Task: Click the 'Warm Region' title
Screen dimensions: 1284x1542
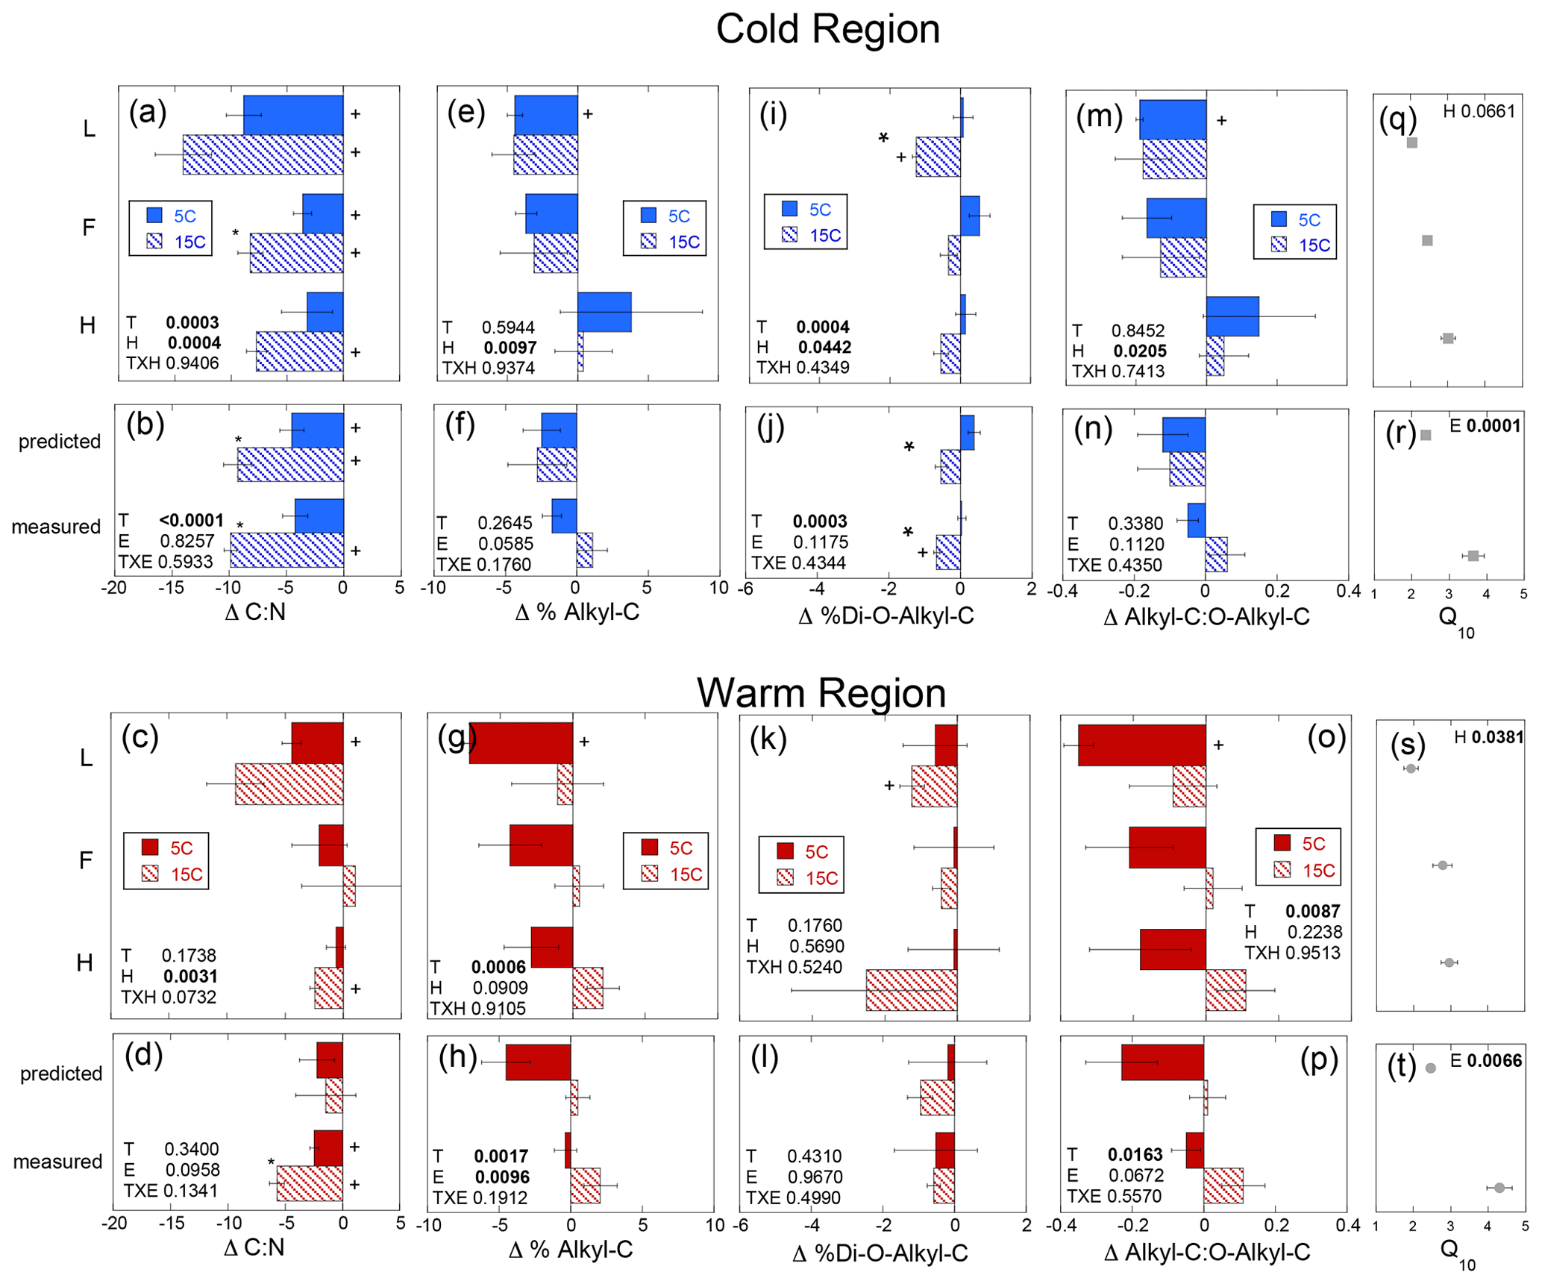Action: pos(821,692)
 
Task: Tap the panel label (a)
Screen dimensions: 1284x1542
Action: pos(147,112)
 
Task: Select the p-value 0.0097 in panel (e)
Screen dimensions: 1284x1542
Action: pos(510,347)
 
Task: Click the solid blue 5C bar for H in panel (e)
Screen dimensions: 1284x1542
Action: pos(604,312)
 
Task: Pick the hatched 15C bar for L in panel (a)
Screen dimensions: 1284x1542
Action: pos(263,154)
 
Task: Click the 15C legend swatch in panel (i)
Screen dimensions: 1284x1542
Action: pos(789,235)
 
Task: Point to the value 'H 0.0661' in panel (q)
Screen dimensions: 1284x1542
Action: pos(1479,112)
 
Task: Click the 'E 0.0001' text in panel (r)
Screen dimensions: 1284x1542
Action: pos(1485,426)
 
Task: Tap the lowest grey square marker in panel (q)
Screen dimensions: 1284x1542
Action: pos(1448,338)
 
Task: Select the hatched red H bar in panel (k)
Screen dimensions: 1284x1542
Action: pos(911,990)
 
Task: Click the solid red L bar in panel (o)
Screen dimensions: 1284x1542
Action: pos(1141,745)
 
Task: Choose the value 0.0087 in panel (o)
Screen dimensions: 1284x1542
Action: pos(1312,911)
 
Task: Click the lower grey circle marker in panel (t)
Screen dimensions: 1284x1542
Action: pos(1499,1188)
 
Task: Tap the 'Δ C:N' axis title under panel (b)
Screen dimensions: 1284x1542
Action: pos(255,613)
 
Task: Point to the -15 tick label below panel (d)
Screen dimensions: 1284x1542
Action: pos(171,1224)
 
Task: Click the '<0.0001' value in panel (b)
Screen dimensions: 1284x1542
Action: pos(191,520)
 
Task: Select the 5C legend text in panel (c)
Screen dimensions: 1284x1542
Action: pos(181,848)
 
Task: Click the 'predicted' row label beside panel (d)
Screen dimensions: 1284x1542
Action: pos(61,1074)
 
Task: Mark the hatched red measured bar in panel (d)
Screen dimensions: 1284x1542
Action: pos(310,1183)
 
